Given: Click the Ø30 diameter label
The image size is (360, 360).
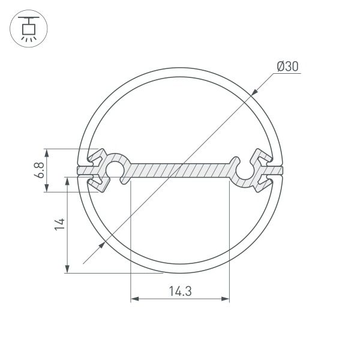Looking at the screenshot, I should [x=288, y=67].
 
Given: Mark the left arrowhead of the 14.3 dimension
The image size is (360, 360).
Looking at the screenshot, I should [x=134, y=298].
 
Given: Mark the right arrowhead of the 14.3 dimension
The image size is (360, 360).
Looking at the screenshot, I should [x=226, y=298].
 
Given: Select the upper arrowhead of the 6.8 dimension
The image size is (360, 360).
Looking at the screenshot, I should [x=47, y=153].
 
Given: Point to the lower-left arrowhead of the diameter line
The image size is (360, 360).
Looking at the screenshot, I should [x=100, y=247].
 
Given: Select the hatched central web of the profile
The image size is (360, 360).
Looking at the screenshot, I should [x=180, y=170].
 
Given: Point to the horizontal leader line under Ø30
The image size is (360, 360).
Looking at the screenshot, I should [x=289, y=73].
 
